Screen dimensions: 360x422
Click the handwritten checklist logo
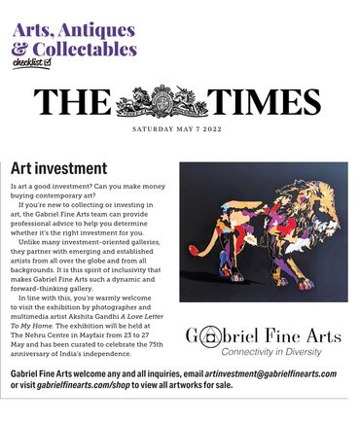point(31,63)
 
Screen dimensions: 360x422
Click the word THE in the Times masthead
point(72,102)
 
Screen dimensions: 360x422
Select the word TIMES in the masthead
point(265,102)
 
